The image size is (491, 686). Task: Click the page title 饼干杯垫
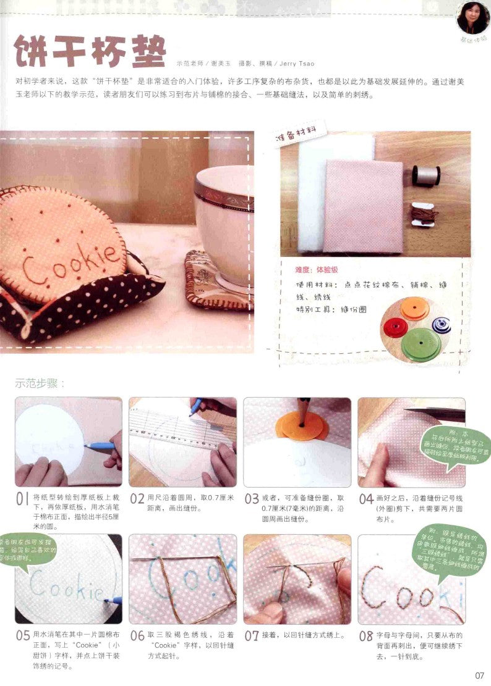(90, 52)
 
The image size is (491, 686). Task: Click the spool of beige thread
(425, 175)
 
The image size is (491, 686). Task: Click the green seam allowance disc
(421, 344)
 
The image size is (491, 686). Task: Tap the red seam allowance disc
(395, 327)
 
